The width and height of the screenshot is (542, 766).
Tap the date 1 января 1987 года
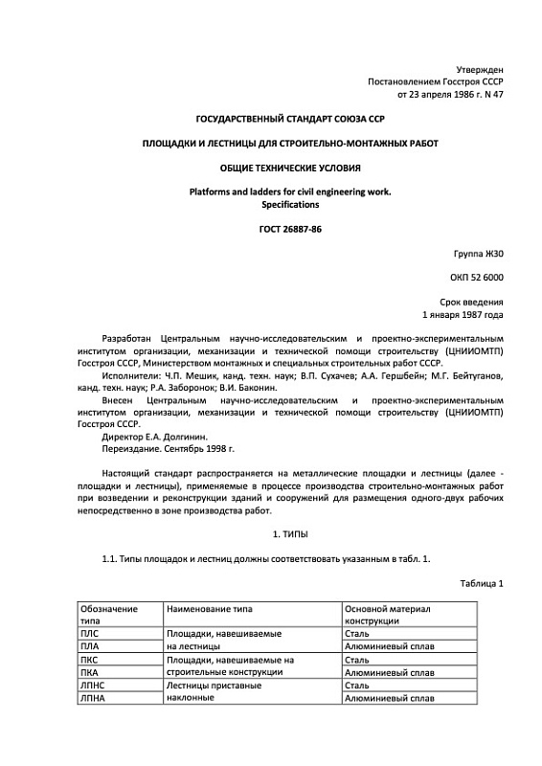[463, 314]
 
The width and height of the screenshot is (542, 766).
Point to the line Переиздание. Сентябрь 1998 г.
[168, 449]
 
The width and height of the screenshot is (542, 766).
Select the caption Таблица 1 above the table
[482, 583]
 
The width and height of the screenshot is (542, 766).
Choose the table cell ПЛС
[89, 634]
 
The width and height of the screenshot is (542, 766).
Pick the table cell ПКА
[89, 673]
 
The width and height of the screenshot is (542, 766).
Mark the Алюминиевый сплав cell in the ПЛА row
[389, 647]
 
